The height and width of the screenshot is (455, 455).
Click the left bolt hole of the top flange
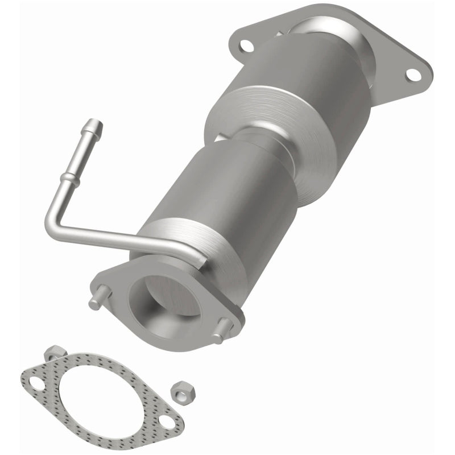(246, 45)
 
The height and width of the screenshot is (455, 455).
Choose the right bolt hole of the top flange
(413, 74)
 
